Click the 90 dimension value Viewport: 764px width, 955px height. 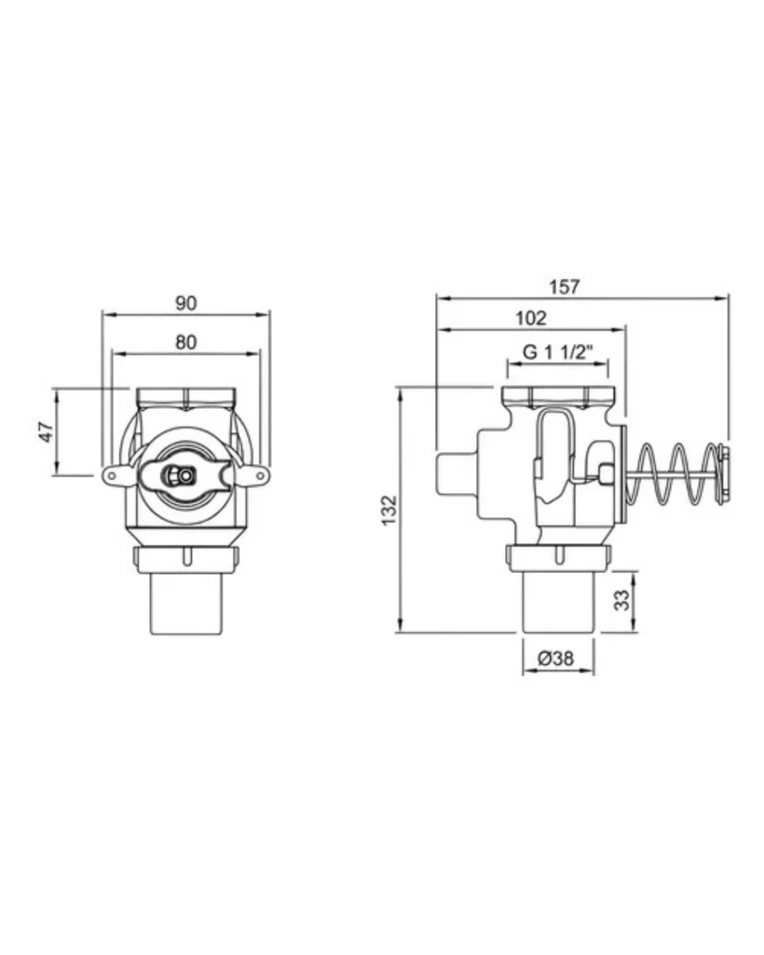tap(186, 304)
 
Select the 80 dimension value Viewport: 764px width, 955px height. tap(186, 342)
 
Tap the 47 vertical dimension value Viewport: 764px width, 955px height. tap(46, 433)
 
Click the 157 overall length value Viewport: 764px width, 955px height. tap(564, 287)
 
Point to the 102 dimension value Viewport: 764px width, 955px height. tap(531, 318)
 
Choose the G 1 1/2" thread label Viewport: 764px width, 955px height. tap(558, 352)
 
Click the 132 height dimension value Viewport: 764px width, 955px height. tap(389, 510)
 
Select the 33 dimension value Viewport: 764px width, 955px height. tap(622, 600)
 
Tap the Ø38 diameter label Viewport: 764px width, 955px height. tap(556, 658)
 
